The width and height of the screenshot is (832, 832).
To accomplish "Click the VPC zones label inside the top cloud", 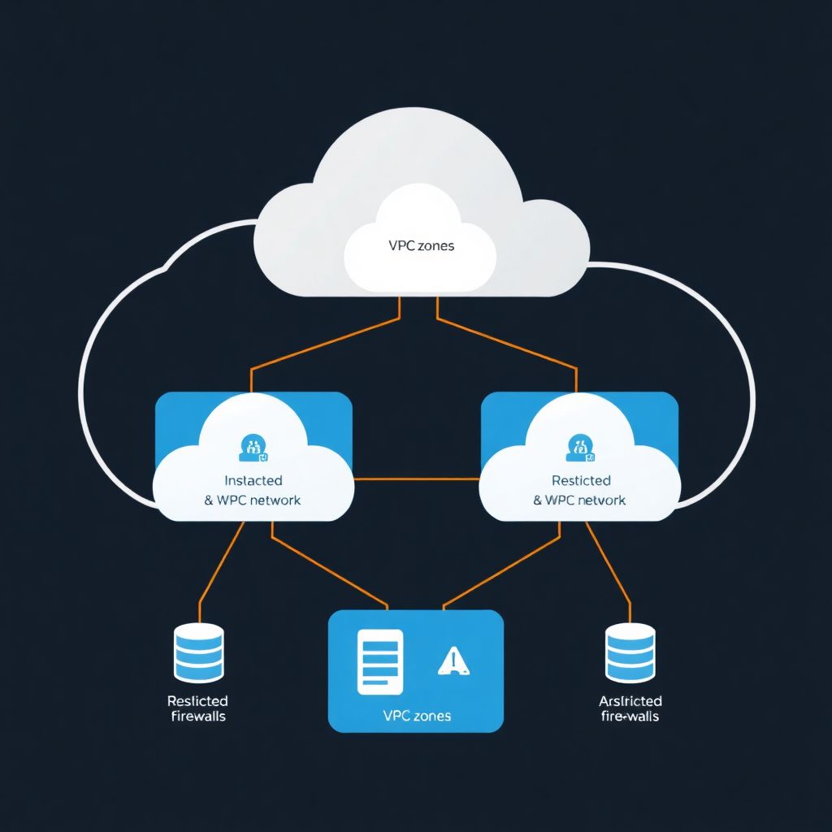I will coord(420,245).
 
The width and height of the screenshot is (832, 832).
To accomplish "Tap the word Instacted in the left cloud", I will coord(253,481).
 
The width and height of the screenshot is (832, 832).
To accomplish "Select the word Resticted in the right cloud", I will coord(581,481).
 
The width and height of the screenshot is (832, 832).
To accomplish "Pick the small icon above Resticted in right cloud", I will coord(580,445).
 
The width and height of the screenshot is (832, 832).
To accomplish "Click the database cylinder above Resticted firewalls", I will coord(198,652).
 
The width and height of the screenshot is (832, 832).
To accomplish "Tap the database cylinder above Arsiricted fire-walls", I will coord(630,652).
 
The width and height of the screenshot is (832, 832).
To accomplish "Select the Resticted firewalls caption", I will coord(197,708).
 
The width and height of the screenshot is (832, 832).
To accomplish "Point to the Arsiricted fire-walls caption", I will coord(630,708).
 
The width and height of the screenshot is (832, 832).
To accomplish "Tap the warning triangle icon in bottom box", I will coord(453,661).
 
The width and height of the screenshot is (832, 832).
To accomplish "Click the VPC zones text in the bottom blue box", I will coord(416,716).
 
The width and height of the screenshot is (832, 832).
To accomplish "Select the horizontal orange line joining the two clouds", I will coord(416,479).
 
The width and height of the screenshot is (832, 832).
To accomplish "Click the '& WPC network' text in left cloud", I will coord(253,500).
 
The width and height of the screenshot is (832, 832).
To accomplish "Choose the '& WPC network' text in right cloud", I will coord(580,500).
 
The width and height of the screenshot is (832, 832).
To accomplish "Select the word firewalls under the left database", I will coord(198,717).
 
